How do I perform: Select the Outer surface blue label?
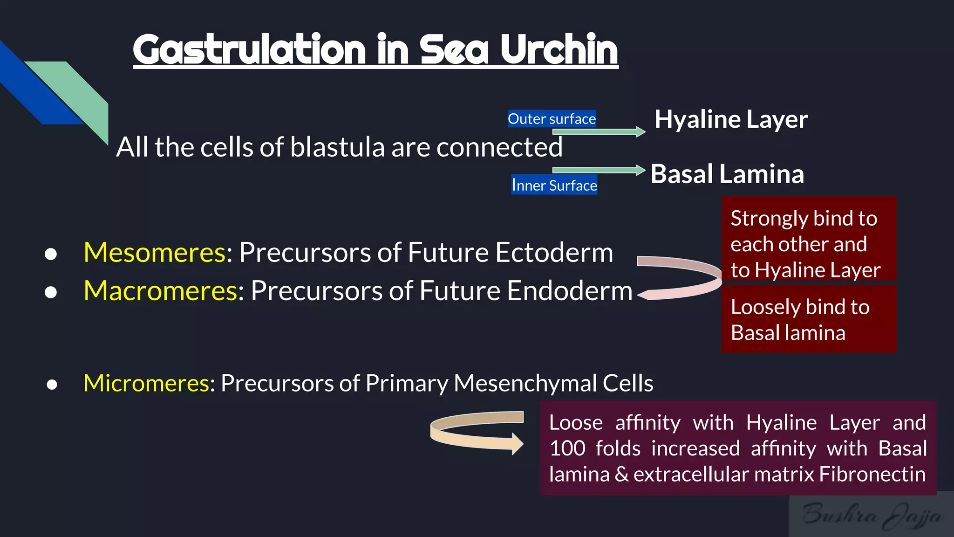tap(552, 119)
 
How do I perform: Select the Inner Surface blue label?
tap(554, 186)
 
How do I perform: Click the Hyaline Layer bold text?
tap(730, 120)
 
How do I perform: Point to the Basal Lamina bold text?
tap(727, 174)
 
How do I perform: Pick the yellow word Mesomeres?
tap(155, 253)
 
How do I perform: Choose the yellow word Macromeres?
tap(161, 291)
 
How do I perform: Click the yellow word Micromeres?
tap(146, 383)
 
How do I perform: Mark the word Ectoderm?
tap(554, 253)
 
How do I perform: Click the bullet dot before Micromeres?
tap(52, 385)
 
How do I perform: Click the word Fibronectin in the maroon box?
tap(872, 475)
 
